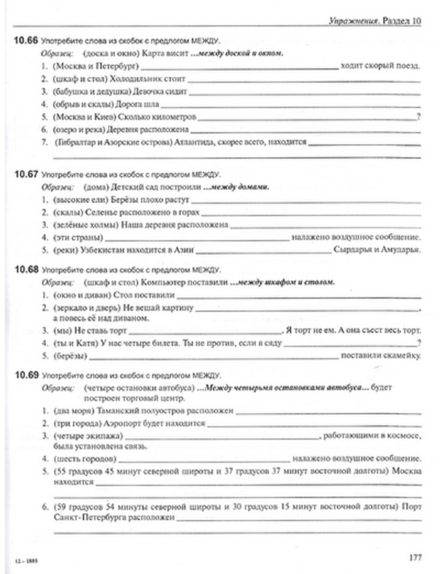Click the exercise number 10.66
[26, 41]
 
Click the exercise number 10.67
[26, 174]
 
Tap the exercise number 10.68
[26, 269]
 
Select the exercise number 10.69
[26, 375]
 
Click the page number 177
[415, 558]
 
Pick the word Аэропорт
[120, 423]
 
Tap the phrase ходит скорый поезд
[380, 66]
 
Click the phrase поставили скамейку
[381, 355]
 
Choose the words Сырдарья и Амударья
[377, 250]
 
